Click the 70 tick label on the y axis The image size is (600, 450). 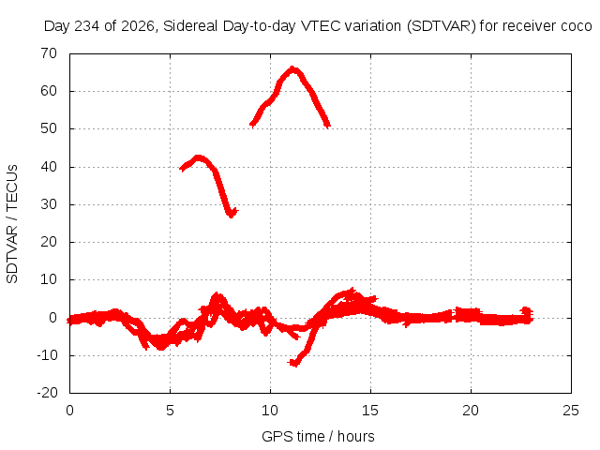click(x=49, y=53)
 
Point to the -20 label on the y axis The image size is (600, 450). click(x=48, y=393)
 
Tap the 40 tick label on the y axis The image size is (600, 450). click(x=49, y=167)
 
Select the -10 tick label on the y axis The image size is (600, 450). click(x=48, y=355)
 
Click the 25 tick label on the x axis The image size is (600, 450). click(x=571, y=411)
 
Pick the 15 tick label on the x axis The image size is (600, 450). click(x=370, y=411)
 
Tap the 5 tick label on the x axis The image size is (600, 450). click(x=170, y=411)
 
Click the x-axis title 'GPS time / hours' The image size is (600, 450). click(x=318, y=436)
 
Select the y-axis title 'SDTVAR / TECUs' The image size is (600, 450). click(x=12, y=224)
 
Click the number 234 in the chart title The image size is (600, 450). click(x=87, y=26)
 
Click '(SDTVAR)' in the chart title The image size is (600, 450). click(x=442, y=26)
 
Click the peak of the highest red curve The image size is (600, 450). click(x=292, y=69)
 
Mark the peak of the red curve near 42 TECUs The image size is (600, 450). click(x=198, y=157)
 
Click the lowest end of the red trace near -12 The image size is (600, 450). click(x=293, y=363)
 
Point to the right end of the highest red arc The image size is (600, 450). click(x=327, y=125)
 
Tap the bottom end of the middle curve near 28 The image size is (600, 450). click(x=232, y=215)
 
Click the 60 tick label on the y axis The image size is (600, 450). click(x=49, y=91)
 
